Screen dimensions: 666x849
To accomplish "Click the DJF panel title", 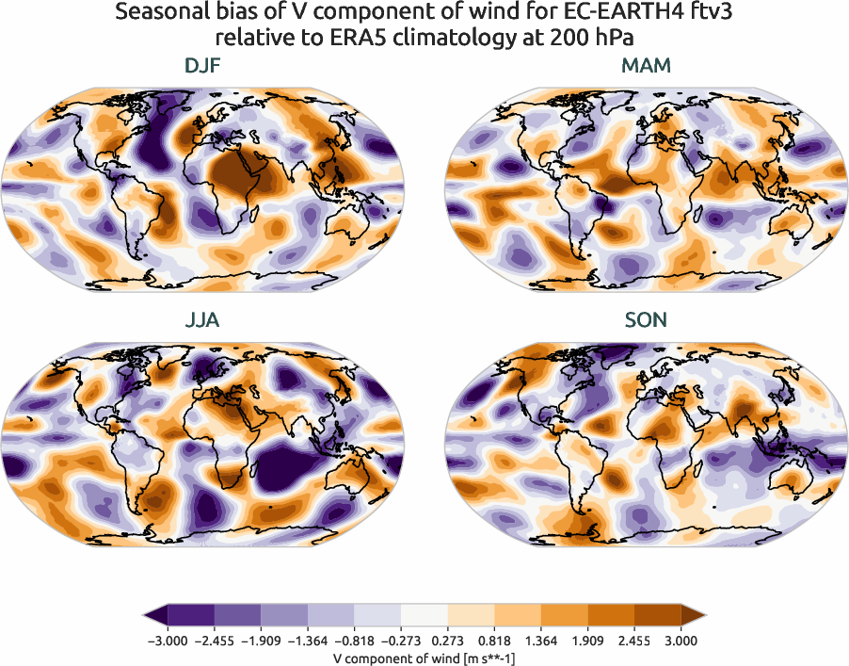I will tap(203, 66).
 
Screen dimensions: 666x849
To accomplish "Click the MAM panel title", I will tap(646, 66).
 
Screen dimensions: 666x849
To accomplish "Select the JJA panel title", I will tap(203, 320).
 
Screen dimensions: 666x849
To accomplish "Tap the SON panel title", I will tap(646, 320).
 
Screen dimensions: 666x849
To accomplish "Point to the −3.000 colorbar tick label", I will tap(167, 641).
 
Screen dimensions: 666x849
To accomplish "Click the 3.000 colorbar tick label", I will tap(681, 641).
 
